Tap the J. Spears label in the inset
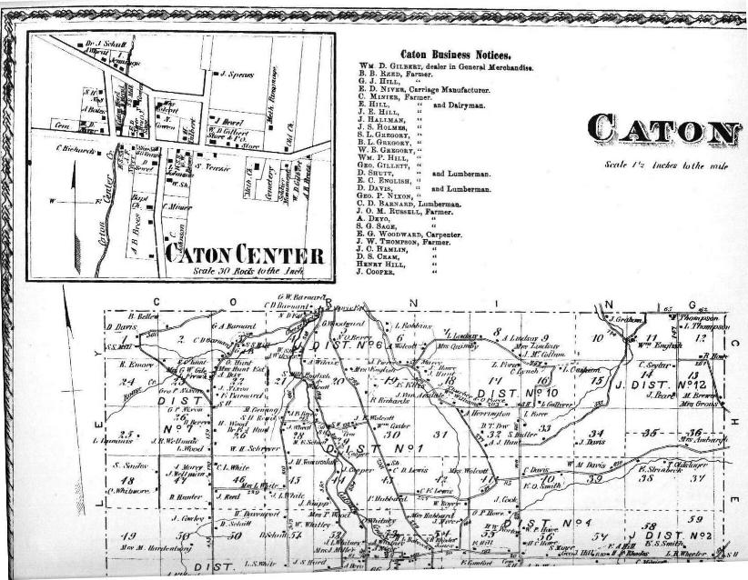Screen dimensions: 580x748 click(237, 73)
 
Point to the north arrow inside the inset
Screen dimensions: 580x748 click(60, 197)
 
